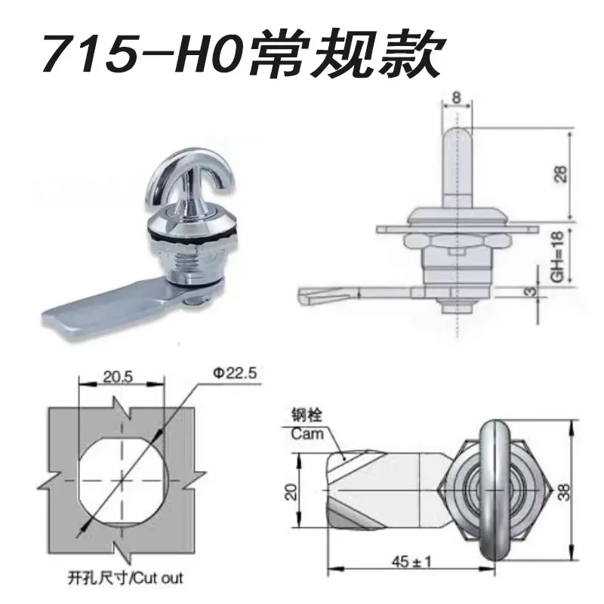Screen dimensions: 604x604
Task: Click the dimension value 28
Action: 562,174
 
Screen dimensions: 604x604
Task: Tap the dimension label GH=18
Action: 557,256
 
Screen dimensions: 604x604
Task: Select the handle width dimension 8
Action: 457,97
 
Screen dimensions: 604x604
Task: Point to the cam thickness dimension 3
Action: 531,292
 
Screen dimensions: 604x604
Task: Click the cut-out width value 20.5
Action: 118,376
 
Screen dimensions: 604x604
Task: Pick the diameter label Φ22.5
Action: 235,373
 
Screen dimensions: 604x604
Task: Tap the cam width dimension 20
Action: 291,492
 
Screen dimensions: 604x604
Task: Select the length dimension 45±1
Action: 411,562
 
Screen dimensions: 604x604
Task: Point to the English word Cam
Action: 307,433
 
